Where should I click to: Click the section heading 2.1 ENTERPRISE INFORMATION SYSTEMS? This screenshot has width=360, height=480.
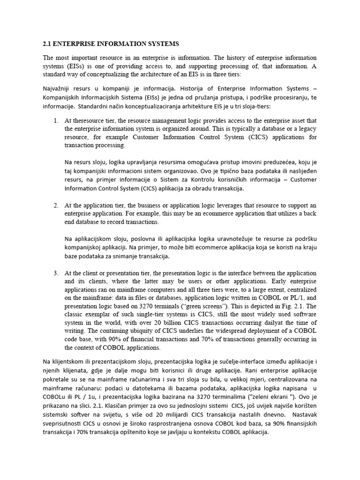(111, 44)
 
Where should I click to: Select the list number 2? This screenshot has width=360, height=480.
(56, 205)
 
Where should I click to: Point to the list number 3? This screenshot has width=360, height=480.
(56, 273)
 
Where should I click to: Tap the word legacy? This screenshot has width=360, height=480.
(307, 129)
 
